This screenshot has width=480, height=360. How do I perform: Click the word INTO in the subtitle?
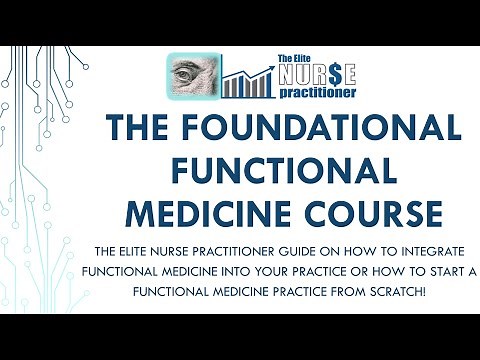[x=232, y=270]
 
